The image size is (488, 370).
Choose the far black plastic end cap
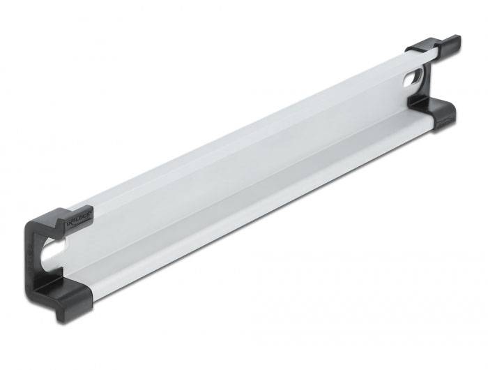[432, 80]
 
